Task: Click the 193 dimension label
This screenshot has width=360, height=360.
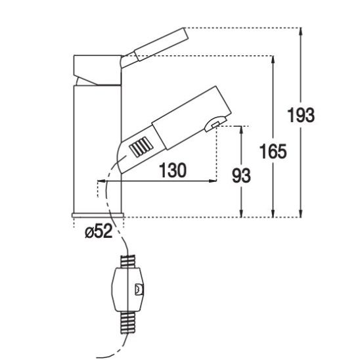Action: (x=301, y=115)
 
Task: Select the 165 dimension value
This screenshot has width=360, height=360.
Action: (x=273, y=151)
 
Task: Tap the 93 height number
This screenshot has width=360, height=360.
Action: (x=241, y=175)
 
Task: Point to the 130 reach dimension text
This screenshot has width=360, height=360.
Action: (x=173, y=170)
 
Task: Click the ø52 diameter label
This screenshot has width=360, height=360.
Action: (x=99, y=231)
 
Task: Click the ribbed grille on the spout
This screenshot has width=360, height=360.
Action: (x=141, y=147)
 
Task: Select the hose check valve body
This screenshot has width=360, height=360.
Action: (x=128, y=289)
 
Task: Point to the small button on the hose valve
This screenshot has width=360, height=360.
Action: (x=139, y=290)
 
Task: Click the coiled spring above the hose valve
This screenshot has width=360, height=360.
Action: (x=128, y=261)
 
